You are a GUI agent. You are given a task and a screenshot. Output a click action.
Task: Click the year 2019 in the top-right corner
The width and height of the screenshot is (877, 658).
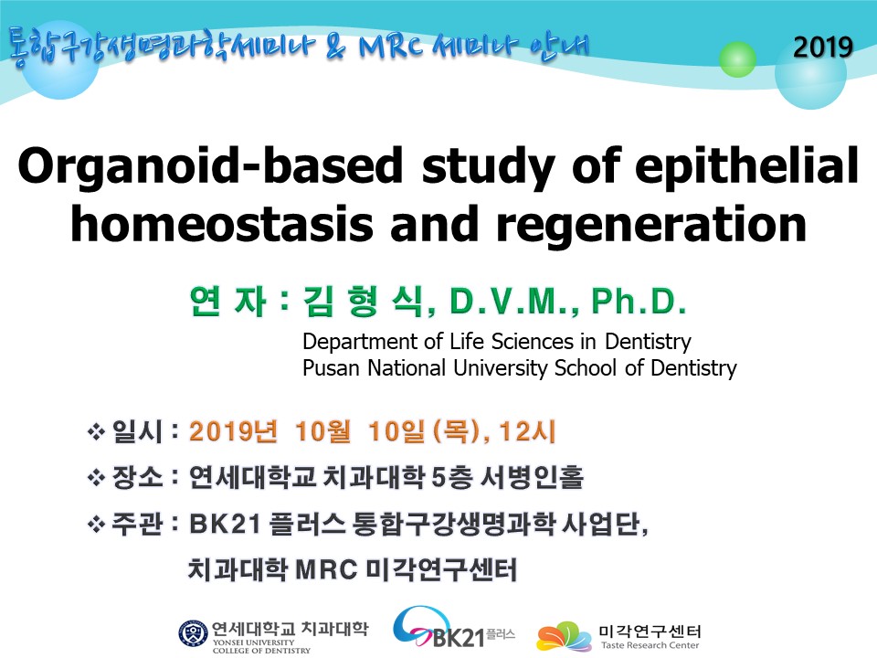coord(823,47)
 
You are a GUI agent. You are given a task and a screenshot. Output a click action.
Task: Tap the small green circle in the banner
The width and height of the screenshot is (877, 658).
coord(737,58)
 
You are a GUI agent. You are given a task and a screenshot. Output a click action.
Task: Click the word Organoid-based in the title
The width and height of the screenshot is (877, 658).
coord(210,166)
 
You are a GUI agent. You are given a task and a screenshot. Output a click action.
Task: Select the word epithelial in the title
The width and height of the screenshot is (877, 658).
coord(746,166)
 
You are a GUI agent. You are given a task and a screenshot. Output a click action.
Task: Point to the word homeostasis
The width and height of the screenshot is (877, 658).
coord(221,225)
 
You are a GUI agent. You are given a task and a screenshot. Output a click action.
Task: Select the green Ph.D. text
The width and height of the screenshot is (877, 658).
coord(639,302)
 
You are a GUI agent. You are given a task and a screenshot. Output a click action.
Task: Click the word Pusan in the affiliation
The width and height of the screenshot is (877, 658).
coord(331,368)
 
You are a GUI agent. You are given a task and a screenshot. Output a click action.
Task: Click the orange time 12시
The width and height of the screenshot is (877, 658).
coord(527,431)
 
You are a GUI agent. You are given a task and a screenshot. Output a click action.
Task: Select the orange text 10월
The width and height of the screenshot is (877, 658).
coord(322,431)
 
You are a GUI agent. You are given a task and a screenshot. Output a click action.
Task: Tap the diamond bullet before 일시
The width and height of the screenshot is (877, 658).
coord(96,432)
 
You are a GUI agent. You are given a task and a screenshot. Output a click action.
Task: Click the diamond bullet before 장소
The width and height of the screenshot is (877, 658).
coord(96,478)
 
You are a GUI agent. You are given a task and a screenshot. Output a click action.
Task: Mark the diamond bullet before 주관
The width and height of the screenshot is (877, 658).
coord(96,525)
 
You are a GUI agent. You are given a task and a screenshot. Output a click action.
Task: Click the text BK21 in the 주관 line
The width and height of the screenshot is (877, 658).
coord(225,525)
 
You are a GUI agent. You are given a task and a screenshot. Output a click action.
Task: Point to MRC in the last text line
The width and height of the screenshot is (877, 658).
coord(326,570)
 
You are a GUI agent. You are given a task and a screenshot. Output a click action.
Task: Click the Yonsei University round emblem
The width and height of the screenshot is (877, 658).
coord(193,634)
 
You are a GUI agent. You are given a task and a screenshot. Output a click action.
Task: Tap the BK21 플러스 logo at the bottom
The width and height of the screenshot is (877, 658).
coord(453,628)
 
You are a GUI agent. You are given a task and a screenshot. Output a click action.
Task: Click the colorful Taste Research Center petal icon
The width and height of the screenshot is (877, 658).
coord(564,637)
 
